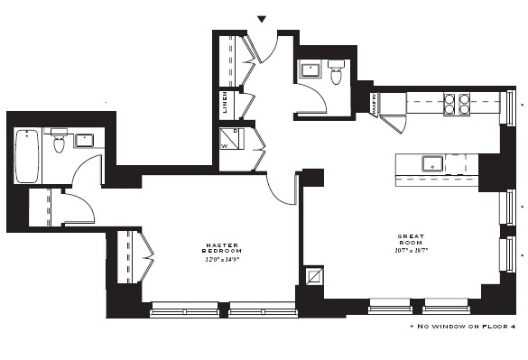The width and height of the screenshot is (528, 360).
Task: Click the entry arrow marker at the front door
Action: click(263, 19)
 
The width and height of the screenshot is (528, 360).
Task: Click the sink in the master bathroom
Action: click(84, 140)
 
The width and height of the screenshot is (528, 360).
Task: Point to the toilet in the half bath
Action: click(337, 72)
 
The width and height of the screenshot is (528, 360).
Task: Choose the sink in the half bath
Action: click(312, 70)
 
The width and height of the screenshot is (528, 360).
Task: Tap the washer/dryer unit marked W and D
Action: click(231, 139)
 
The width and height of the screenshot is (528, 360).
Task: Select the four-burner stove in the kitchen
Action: click(464, 104)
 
